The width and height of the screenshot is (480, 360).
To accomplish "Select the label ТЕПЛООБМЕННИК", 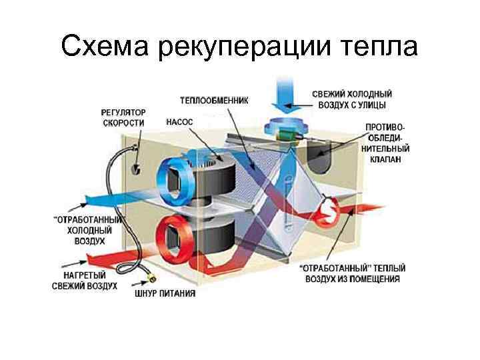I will coord(213,101).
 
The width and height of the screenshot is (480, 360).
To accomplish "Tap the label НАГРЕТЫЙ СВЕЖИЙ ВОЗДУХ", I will coord(85,280).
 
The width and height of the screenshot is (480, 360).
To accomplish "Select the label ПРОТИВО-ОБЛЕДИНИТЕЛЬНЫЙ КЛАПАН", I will coord(385,143).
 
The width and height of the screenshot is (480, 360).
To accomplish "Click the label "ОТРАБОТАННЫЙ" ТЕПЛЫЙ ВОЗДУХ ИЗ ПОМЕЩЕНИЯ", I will coord(349,274).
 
